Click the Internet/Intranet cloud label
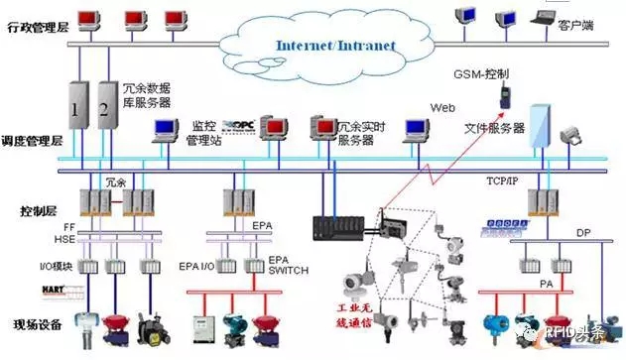(x=334, y=46)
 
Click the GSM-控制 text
(x=484, y=73)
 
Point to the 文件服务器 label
(x=494, y=129)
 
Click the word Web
(x=442, y=107)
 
